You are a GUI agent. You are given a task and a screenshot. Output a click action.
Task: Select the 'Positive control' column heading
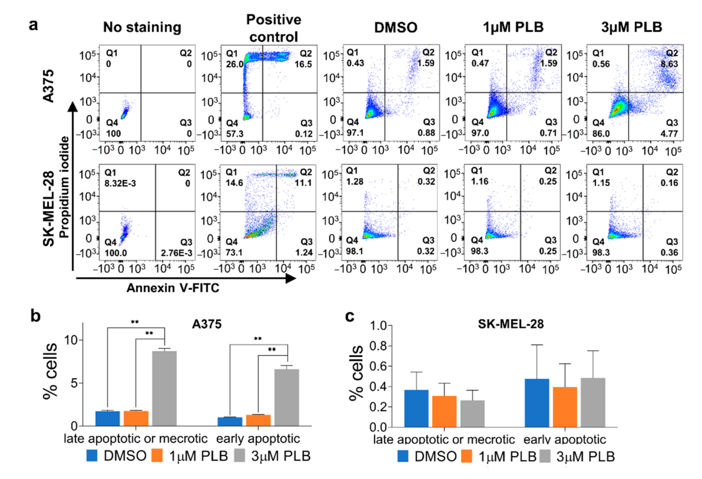[274, 28]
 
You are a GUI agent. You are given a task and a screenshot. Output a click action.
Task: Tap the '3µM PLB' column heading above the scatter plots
[632, 27]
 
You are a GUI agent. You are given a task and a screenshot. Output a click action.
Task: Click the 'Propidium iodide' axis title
[64, 187]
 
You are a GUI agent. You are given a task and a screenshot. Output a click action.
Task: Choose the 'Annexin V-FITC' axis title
[173, 288]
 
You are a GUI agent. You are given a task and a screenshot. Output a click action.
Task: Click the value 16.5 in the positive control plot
[303, 64]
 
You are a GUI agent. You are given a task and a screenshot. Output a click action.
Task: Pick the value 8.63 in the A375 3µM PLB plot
[669, 64]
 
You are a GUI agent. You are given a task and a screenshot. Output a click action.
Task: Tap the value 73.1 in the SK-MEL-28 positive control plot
[234, 252]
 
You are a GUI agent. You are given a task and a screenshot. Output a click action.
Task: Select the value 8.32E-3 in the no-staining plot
[120, 183]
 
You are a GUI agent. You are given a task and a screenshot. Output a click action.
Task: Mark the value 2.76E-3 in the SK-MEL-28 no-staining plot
[176, 252]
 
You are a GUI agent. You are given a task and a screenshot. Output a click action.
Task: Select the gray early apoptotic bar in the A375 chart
[287, 397]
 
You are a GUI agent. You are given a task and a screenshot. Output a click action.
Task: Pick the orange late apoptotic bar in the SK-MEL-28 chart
[444, 411]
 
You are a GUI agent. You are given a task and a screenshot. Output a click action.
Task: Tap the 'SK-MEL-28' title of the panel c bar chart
[511, 324]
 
